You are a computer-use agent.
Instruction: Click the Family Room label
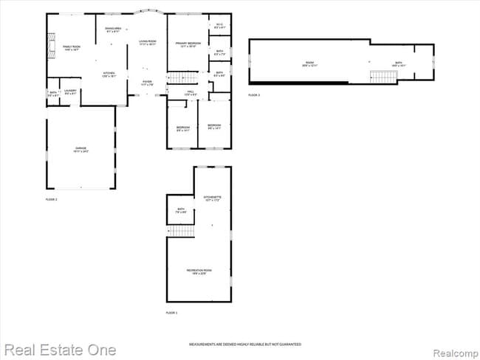point(71,46)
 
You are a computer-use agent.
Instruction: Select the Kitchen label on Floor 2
point(109,74)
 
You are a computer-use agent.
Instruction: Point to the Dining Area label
point(114,30)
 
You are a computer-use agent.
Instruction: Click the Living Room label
point(148,43)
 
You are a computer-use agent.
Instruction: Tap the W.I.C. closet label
point(219,26)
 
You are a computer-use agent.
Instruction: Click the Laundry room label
point(70,91)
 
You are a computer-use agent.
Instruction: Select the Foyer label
point(148,83)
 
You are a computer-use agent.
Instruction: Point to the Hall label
point(190,93)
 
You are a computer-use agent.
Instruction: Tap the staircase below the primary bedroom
point(183,76)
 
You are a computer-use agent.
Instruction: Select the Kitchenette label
point(213,198)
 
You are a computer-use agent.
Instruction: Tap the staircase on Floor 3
point(380,76)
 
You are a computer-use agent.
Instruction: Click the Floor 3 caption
point(254,95)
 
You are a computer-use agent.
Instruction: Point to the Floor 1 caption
point(171,314)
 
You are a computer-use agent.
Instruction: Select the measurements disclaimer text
point(245,345)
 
